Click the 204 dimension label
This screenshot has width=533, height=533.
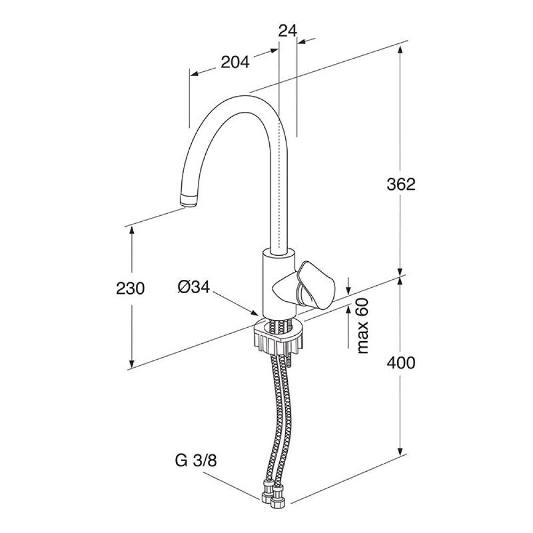[x=235, y=63]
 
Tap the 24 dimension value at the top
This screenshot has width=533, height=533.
[x=288, y=31]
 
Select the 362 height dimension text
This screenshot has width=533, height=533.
[x=401, y=184]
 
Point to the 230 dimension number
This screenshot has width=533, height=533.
[x=130, y=288]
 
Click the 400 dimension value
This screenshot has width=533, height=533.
[x=401, y=363]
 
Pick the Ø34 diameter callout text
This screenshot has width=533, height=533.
[x=194, y=287]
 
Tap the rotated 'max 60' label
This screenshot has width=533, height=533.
[x=364, y=327]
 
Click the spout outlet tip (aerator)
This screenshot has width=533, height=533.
[x=189, y=201]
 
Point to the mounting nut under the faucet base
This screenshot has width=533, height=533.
[x=278, y=337]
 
